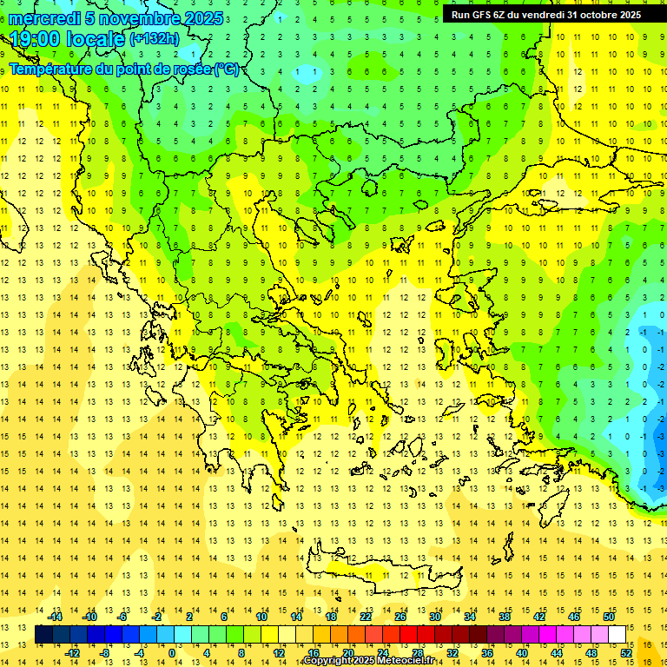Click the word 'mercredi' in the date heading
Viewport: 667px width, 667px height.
tap(45, 18)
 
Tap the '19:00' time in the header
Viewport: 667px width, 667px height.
tap(36, 38)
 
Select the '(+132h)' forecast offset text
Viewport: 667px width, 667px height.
tap(155, 38)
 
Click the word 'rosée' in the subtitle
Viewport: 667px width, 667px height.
tap(190, 69)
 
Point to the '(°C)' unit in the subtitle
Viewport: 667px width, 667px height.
tap(227, 69)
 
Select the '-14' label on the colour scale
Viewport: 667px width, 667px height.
tap(56, 617)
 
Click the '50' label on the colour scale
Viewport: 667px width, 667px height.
tap(608, 617)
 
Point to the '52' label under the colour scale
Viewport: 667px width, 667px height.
tap(626, 652)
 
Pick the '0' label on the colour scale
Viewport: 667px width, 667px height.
tap(171, 652)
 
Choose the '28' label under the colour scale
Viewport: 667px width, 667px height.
tap(417, 652)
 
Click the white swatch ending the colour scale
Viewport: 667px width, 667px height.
tap(617, 634)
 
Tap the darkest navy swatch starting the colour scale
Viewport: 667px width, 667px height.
tap(43, 634)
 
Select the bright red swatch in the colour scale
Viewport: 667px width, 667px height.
tap(409, 634)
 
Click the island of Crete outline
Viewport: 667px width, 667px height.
tap(382, 568)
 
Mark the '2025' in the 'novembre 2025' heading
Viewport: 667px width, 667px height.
tap(201, 18)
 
